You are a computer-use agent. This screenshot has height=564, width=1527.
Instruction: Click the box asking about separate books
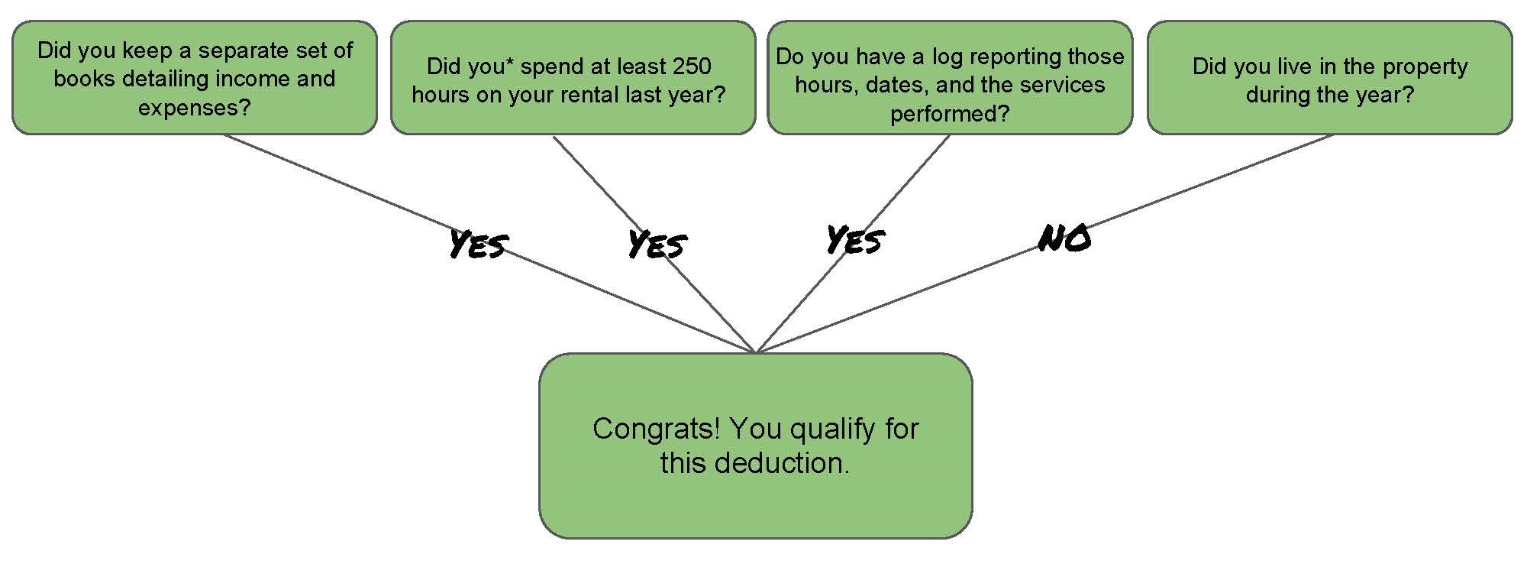(195, 78)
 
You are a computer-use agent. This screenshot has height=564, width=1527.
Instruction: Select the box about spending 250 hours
(573, 78)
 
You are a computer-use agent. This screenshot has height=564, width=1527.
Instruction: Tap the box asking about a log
(950, 78)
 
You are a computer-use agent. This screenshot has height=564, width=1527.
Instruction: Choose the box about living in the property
(1330, 78)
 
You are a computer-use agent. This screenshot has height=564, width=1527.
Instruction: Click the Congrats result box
(756, 446)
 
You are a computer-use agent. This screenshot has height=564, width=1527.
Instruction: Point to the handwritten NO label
(1065, 239)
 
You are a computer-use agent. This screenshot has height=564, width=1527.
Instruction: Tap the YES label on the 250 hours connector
(657, 245)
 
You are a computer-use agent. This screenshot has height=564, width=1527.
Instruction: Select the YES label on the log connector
(856, 240)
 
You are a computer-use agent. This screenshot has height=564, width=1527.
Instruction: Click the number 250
(691, 66)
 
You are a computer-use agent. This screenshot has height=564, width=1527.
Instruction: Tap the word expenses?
(195, 108)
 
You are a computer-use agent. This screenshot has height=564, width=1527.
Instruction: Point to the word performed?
(950, 114)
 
